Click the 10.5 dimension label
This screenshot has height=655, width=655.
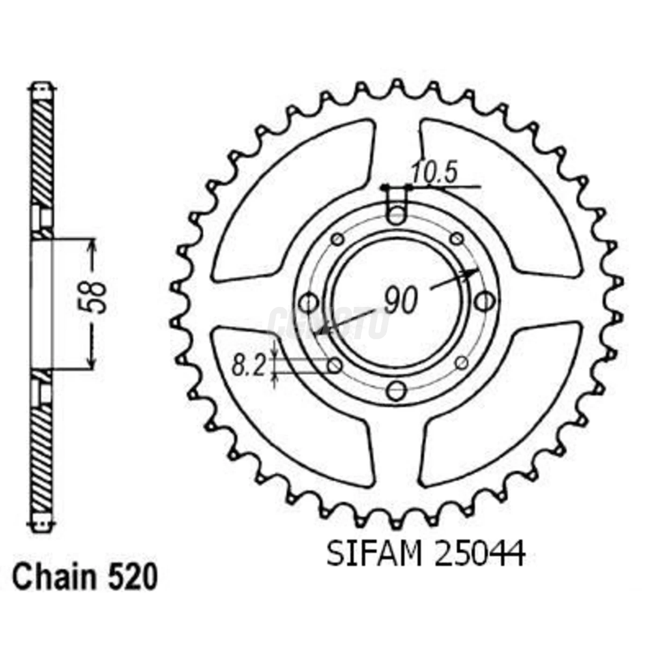pos(433,174)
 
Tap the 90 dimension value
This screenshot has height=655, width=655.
pos(400,301)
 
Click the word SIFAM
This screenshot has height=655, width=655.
pos(373,554)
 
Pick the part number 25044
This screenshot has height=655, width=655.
pos(480,554)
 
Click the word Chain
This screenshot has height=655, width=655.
pos(53,578)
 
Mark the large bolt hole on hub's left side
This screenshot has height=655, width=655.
pos(308,302)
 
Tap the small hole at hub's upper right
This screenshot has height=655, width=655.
pos(456,239)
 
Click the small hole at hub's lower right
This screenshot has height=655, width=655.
pos(461,362)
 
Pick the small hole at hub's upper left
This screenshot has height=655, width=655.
pos(337,240)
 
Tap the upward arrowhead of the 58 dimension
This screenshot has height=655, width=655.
pos(92,246)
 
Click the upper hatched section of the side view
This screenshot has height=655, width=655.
pos(43,150)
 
